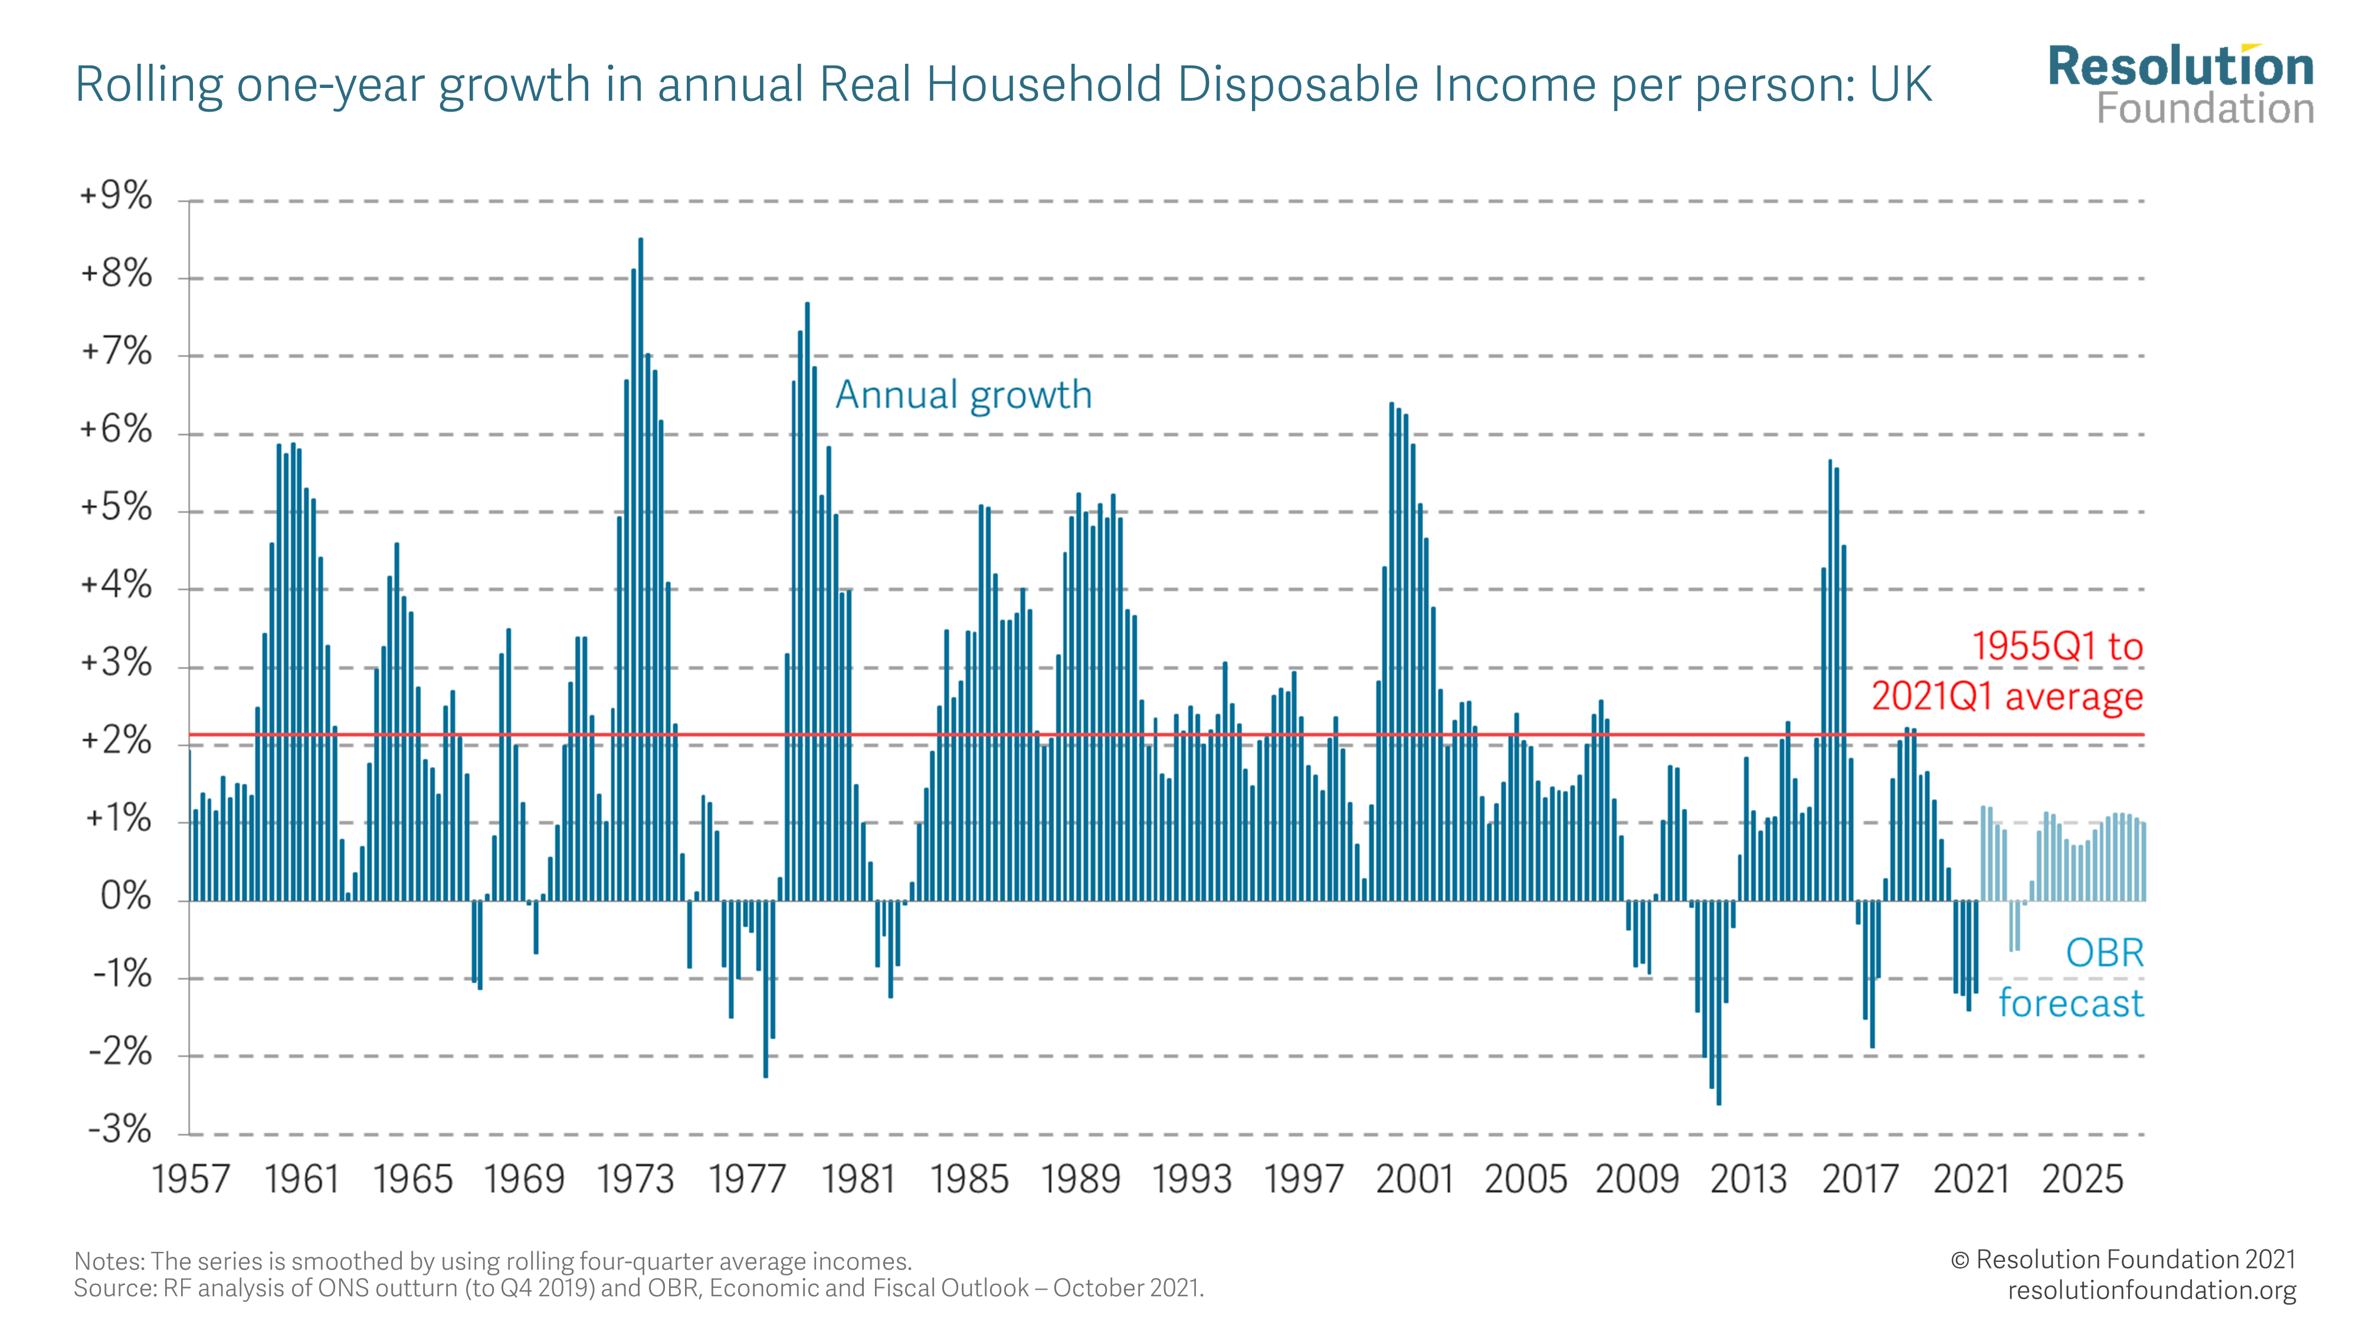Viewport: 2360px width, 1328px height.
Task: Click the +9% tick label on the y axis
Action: coord(116,195)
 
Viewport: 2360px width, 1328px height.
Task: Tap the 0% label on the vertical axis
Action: coord(126,895)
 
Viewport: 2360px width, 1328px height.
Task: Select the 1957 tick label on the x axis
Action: coord(191,1179)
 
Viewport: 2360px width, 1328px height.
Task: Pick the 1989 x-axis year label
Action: coord(1080,1179)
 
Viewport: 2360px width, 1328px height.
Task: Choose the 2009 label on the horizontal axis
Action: coord(1637,1179)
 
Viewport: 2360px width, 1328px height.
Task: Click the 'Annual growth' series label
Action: coord(964,395)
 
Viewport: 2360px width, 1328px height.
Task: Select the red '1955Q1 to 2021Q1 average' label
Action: coord(2007,671)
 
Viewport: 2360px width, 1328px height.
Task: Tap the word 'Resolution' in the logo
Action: coord(2181,67)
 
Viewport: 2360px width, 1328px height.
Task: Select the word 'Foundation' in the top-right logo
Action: coord(2205,108)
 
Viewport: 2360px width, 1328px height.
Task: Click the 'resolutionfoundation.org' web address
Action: coord(2151,1290)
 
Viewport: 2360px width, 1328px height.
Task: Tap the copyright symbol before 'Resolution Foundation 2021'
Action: coord(1959,1260)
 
